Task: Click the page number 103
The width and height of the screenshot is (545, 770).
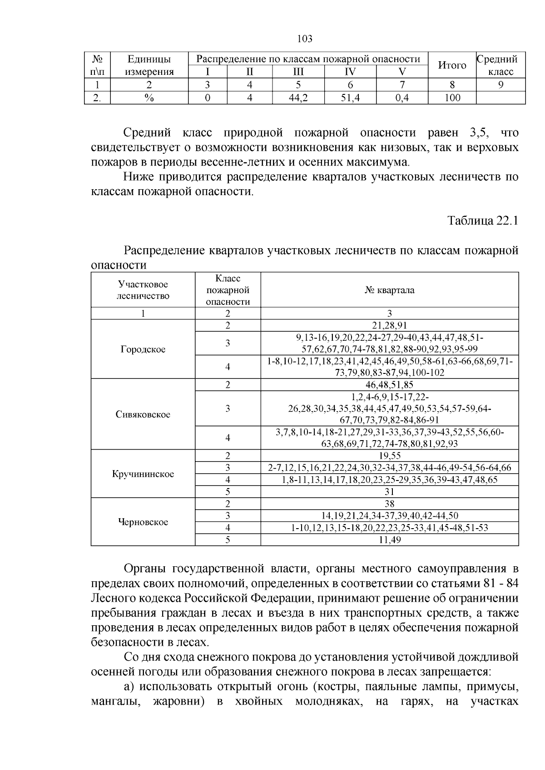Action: [304, 39]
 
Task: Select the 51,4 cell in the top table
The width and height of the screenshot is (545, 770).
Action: [350, 98]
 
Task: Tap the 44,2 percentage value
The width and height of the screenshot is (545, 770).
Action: [298, 98]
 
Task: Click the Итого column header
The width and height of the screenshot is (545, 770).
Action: [452, 65]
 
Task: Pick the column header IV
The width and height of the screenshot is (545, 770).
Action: [350, 72]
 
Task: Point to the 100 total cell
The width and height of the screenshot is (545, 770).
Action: [452, 98]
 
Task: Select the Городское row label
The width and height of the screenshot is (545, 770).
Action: [143, 349]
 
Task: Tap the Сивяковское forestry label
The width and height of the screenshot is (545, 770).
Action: [143, 414]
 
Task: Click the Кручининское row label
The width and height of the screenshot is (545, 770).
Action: [143, 474]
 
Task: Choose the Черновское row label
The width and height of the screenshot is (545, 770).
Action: [143, 522]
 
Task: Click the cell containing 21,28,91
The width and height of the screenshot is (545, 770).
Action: [389, 325]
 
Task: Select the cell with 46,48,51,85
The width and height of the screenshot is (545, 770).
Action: [389, 385]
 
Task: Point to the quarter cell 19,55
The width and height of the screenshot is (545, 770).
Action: [389, 456]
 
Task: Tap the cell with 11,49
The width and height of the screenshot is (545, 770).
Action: [389, 539]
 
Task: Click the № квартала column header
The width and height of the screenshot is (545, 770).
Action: [389, 290]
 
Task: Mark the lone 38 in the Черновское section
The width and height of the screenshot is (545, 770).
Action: [389, 504]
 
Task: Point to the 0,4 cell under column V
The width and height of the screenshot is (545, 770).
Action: [402, 98]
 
